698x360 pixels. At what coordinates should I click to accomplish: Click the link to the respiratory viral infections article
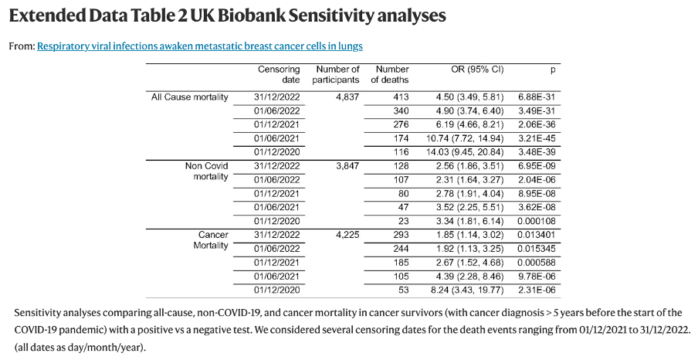tap(200, 46)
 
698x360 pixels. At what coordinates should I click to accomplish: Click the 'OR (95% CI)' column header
tap(476, 70)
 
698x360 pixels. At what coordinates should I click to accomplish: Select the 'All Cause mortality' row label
tap(190, 97)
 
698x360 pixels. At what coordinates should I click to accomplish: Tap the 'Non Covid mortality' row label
tap(206, 171)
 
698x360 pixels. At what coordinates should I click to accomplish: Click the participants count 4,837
tap(346, 97)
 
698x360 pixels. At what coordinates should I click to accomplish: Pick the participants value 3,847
tap(346, 165)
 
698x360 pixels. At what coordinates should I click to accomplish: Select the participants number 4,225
tap(346, 234)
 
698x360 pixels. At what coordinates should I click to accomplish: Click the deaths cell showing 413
tap(399, 97)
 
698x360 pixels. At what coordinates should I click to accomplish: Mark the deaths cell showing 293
tap(399, 234)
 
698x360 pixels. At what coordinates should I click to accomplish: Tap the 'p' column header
tap(552, 70)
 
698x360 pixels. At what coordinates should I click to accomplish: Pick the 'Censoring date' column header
tap(279, 74)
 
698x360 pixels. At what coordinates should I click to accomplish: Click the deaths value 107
tap(399, 179)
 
